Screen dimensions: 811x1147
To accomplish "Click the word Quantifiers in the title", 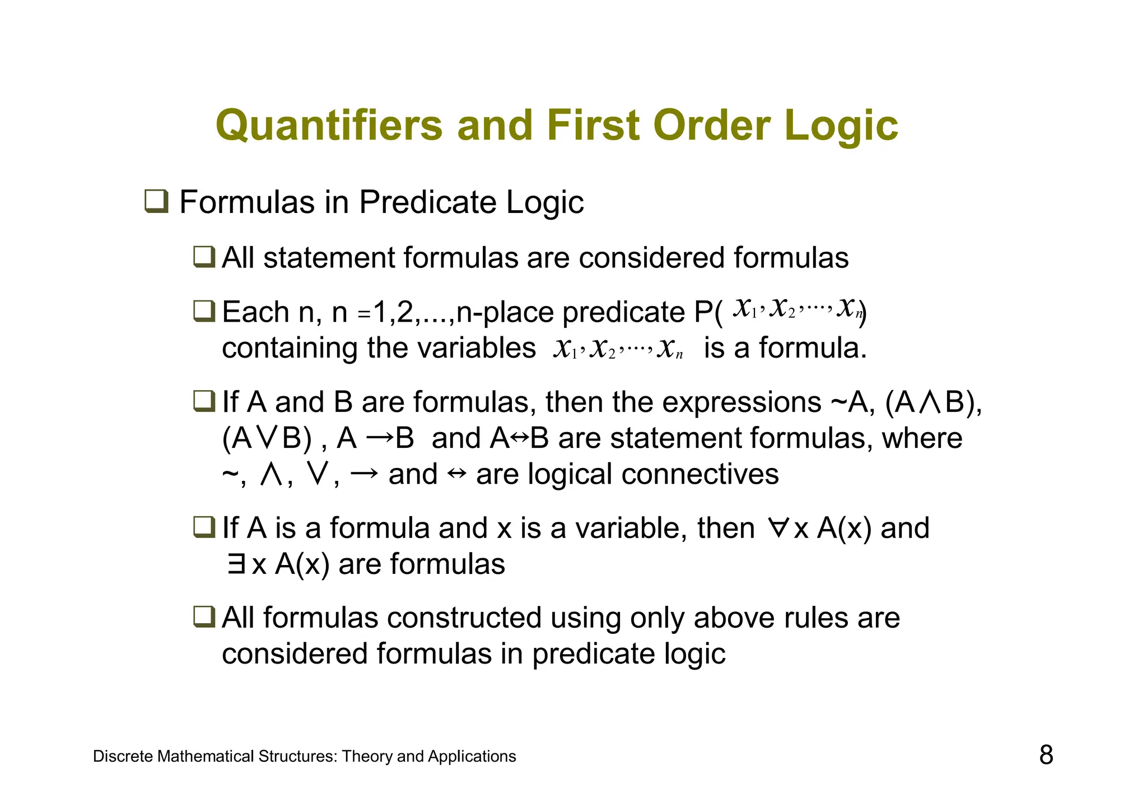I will coord(329,126).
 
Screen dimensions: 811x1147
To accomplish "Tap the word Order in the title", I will coord(711,126).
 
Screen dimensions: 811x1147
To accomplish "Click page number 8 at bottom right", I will coord(1046,755).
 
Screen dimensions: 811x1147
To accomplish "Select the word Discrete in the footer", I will coord(123,757).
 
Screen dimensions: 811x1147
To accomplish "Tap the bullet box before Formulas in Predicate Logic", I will coord(156,202).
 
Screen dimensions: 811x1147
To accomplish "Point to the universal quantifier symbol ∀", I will coord(778,528).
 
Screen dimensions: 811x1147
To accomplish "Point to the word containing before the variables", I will coord(290,348).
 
